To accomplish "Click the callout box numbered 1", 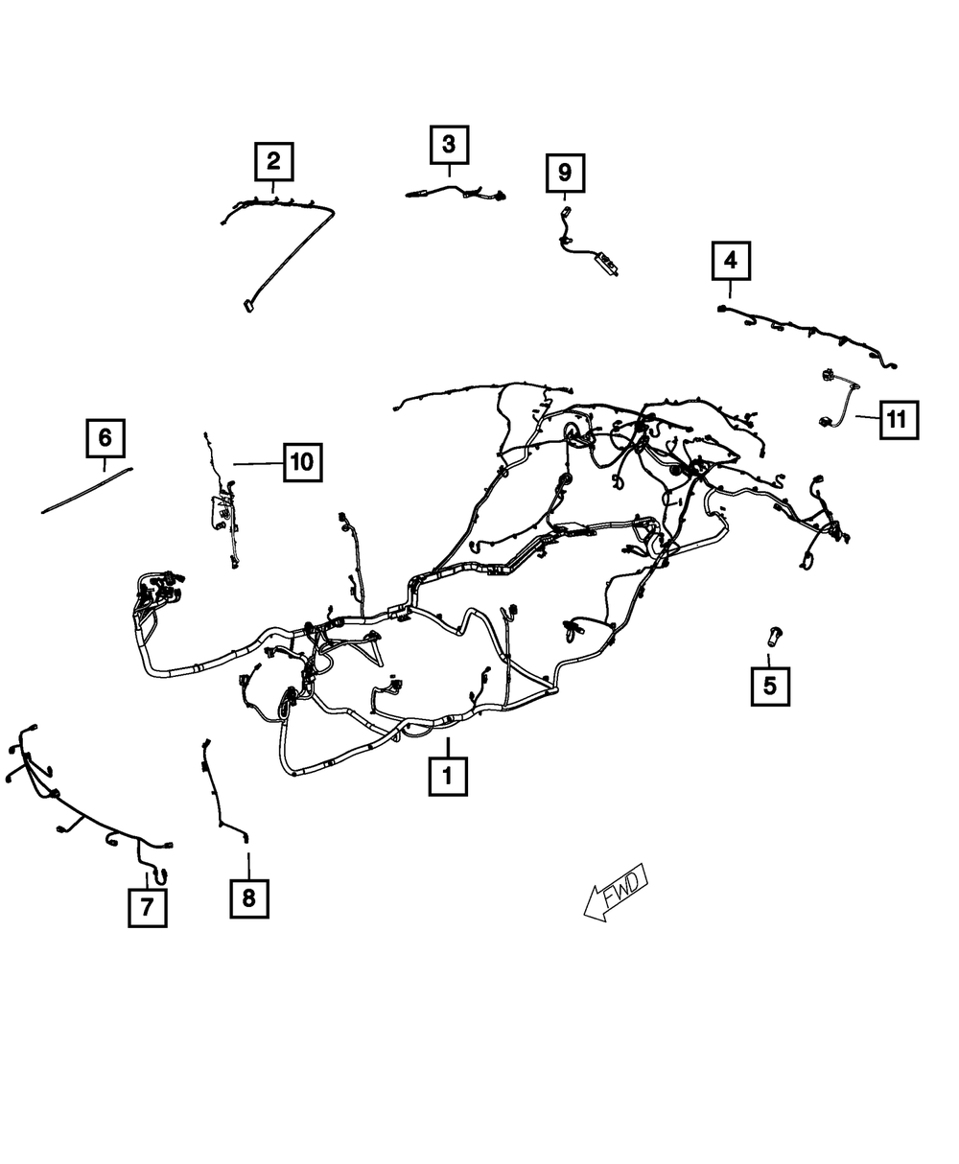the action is click(448, 776).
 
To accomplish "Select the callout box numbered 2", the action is click(273, 161).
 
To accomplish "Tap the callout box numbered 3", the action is click(449, 146).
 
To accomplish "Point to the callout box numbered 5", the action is click(770, 686).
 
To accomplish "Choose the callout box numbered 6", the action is click(105, 439).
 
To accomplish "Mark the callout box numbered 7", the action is click(147, 906).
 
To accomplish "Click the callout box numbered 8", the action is click(248, 897).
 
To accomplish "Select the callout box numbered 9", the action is click(565, 173).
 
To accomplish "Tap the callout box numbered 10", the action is click(302, 462).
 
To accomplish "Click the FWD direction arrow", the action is click(617, 893).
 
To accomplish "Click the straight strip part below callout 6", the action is click(86, 489).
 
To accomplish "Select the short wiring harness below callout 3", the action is click(456, 193).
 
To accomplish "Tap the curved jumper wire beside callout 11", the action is click(839, 398).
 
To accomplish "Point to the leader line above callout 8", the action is click(248, 864).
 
